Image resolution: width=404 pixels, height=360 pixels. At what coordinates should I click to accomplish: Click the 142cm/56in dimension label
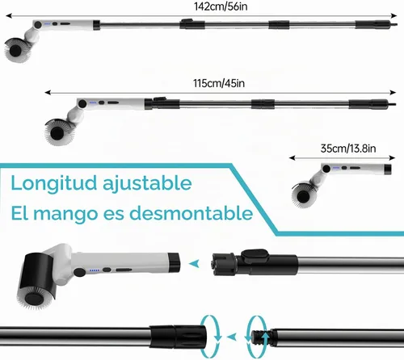coord(221,6)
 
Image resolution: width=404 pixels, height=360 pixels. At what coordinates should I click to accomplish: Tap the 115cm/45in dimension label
coord(219,83)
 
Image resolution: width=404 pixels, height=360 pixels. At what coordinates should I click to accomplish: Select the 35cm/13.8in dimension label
coord(348,149)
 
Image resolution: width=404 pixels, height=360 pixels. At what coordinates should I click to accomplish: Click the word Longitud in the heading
coord(54,183)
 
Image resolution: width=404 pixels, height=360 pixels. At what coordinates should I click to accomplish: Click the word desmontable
coord(191,213)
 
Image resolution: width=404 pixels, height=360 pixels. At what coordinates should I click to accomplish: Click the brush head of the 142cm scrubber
coord(17,49)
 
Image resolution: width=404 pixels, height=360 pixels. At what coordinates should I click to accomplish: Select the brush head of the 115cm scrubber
coord(57,132)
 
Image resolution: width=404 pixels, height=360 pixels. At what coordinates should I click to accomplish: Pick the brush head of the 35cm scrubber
coord(304,195)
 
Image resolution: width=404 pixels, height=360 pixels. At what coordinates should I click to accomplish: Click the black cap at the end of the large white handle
coord(174,262)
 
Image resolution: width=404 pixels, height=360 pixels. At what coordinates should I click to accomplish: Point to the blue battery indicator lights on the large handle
coord(95,270)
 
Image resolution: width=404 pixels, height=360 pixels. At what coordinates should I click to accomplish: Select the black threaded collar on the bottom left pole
coord(177,337)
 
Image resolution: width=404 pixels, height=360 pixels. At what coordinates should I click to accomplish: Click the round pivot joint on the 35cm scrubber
coord(326,169)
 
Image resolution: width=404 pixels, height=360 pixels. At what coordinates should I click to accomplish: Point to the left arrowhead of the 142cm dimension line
coord(9,16)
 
